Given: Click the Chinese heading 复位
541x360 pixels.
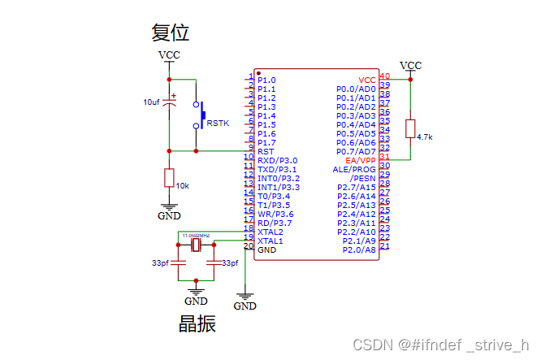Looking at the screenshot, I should pos(171,33).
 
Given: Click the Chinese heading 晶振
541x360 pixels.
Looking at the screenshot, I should pos(197,323).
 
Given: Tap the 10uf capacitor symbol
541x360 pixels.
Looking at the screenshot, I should pos(169,102).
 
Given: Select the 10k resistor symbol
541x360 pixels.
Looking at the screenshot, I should pos(169,178).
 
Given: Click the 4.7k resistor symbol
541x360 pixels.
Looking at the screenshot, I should pos(410,128).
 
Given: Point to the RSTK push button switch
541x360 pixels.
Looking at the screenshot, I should pos(197,115).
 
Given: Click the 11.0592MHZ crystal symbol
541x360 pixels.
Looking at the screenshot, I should pos(196,243).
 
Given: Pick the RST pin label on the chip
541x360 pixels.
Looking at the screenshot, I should pos(266,152).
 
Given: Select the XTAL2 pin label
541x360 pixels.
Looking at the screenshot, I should pos(270,232).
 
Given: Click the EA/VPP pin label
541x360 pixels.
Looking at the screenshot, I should pos(361,160).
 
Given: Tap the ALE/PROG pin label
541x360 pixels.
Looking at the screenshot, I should pos(354,169).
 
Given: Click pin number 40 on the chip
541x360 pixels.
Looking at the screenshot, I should pos(384,76).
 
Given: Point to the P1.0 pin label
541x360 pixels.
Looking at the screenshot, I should pos(266,80).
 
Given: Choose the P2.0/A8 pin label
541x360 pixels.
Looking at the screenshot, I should pos(359,250).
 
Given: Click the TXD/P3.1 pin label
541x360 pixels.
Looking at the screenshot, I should pos(278,169).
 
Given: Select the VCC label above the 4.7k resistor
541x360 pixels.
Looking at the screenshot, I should pos(411,65).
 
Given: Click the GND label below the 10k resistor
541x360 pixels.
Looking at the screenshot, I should pos(169,215).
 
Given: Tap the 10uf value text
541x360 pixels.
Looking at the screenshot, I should pos(151,102).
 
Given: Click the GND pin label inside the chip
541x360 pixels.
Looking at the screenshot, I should pos(266,250).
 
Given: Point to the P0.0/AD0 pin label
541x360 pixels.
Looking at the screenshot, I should pos(356,89).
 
